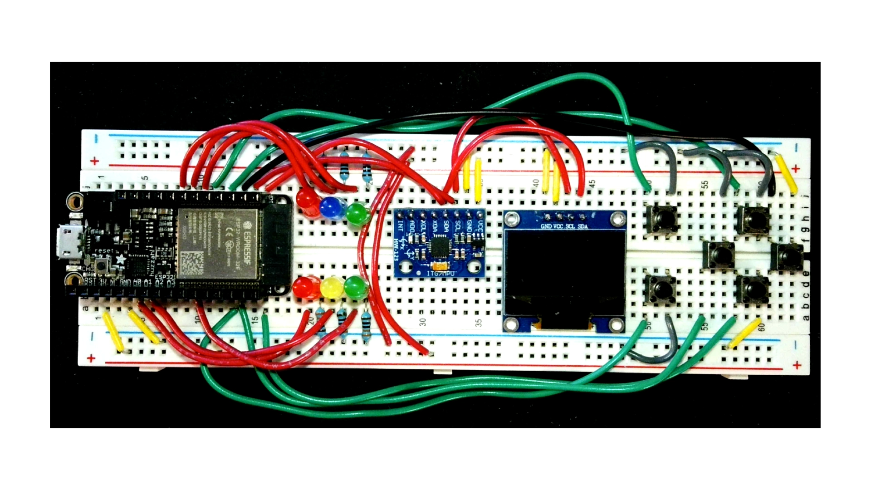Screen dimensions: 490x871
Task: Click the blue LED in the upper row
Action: [x=332, y=208]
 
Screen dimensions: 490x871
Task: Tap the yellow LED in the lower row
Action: [x=331, y=288]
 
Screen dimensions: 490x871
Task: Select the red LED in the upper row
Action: [x=307, y=200]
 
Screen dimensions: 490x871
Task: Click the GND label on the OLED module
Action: [x=546, y=226]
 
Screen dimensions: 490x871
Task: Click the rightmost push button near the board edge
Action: [x=787, y=256]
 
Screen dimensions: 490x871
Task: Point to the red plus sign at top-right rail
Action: [x=796, y=169]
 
